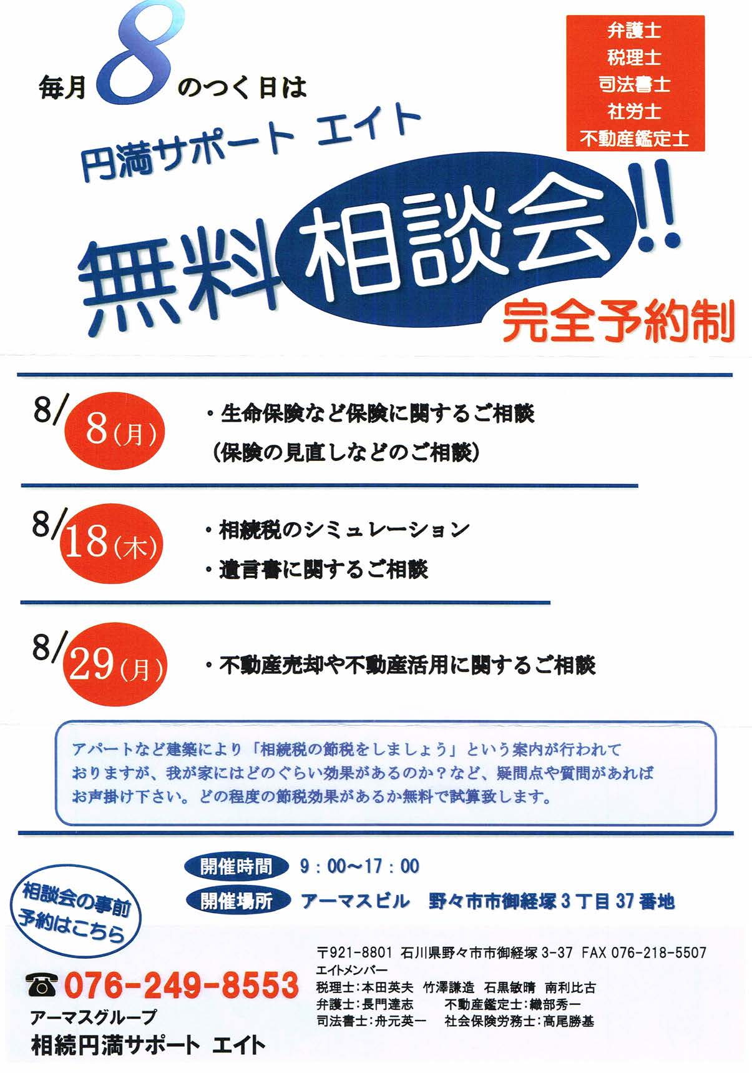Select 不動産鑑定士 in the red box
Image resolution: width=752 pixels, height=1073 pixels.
635,138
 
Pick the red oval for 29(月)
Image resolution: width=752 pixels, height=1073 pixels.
115,665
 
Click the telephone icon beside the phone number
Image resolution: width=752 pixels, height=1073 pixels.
41,985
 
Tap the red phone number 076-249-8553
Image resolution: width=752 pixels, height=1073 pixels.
181,985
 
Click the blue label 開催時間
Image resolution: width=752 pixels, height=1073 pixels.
237,866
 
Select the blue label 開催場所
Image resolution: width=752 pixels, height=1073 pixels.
238,901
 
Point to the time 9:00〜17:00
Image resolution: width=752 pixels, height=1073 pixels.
359,866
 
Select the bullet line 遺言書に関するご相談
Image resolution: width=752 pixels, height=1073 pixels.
316,570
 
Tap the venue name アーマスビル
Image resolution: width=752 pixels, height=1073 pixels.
356,901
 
